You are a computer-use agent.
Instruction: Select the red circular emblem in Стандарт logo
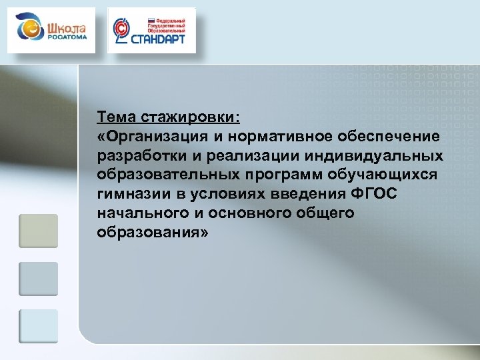tap(121, 30)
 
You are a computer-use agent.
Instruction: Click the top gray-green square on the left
tap(39, 230)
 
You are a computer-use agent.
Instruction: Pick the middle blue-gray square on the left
tap(39, 279)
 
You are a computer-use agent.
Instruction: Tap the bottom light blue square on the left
tap(39, 326)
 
